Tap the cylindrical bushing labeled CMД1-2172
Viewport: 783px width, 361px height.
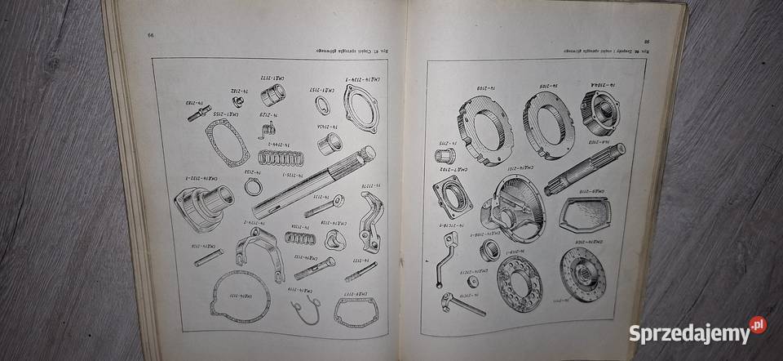point(273,96)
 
